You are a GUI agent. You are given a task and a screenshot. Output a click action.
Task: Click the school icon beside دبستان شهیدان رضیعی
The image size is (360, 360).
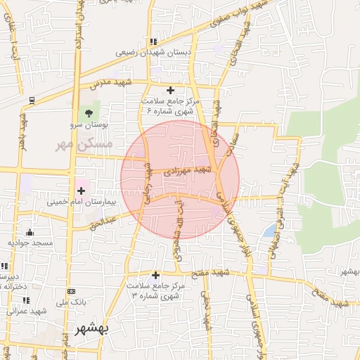coord(153,41)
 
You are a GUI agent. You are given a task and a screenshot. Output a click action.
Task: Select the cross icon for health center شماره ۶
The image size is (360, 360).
coord(170,90)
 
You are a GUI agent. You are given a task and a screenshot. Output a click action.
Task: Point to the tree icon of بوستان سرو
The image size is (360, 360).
coord(88,112)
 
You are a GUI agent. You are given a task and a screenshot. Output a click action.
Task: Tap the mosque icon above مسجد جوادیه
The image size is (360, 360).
coord(30,232)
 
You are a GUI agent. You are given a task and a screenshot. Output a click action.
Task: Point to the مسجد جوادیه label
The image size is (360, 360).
coord(30,243)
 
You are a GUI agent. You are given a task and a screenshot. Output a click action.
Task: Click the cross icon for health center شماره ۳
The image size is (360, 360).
coord(155,275)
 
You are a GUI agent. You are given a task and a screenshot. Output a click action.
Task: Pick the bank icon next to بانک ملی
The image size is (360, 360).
coord(70,291)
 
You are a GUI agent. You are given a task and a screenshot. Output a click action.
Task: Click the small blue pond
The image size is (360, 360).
coord(270,230)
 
